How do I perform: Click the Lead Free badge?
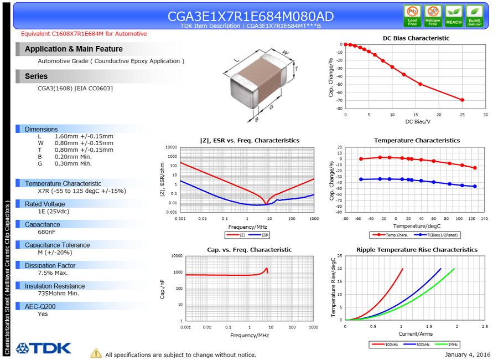click(412, 16)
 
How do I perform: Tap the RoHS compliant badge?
click(474, 16)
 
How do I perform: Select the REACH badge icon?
click(454, 16)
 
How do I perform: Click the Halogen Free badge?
click(433, 16)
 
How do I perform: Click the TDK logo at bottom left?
click(44, 348)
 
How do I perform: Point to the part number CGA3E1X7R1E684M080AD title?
click(251, 16)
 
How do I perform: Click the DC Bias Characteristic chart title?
click(416, 38)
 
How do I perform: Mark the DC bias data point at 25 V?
click(462, 100)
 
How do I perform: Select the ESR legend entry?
click(261, 235)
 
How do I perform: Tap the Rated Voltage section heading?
click(45, 204)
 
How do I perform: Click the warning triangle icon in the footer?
click(96, 353)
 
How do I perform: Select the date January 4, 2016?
click(467, 354)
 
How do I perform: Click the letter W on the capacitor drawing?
click(285, 53)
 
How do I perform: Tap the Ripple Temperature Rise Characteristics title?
click(417, 250)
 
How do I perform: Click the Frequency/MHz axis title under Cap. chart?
click(250, 335)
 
